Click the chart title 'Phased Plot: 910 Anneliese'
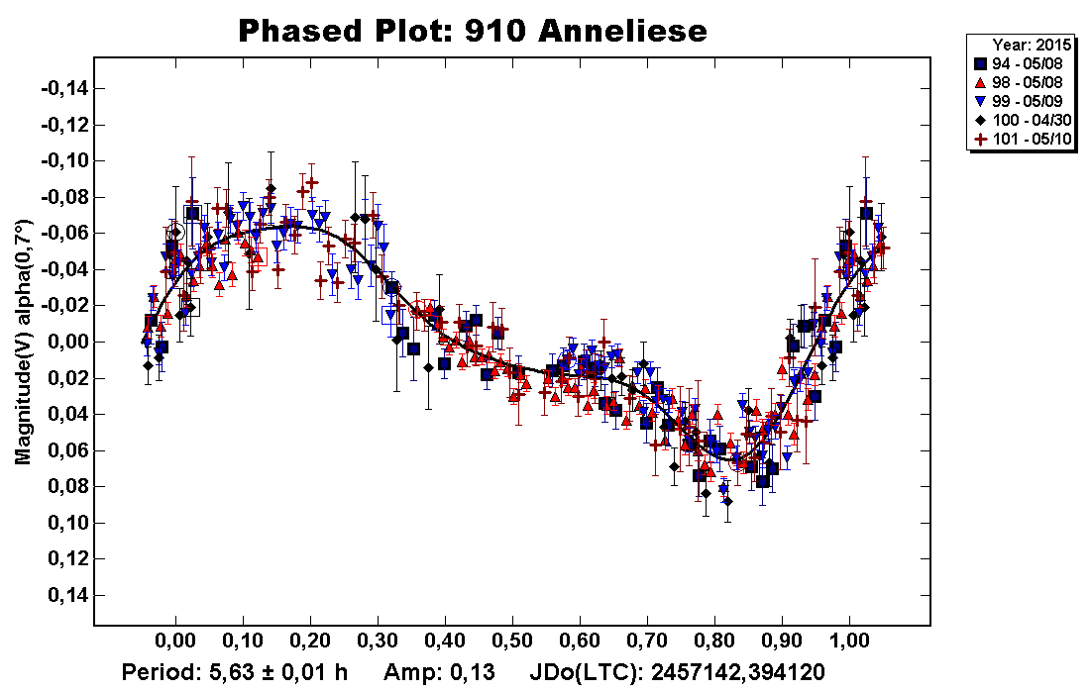[x=473, y=31]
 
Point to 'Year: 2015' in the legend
[x=1030, y=45]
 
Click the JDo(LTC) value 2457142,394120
[x=732, y=673]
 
